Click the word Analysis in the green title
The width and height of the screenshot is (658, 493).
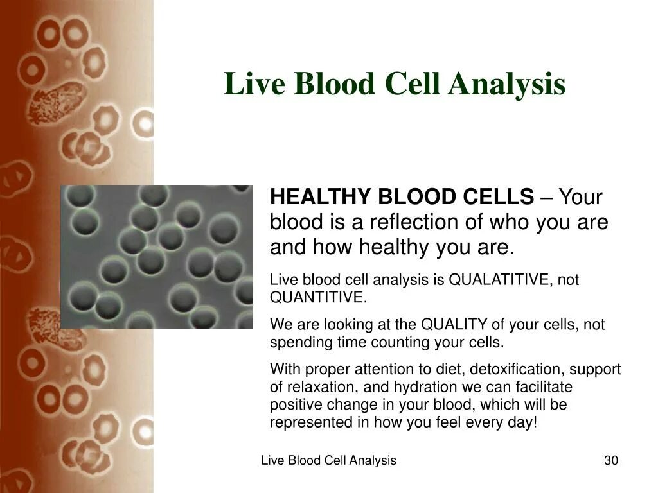tap(506, 84)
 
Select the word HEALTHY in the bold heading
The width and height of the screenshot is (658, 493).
tap(321, 196)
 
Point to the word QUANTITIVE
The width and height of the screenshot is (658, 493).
tap(318, 297)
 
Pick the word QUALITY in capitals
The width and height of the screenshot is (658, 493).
tap(454, 324)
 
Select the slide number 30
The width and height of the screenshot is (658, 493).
tap(611, 460)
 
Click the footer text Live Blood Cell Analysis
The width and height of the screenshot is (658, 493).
tap(328, 460)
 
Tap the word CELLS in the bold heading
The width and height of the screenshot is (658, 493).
tap(498, 196)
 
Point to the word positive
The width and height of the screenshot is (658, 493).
tap(296, 404)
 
